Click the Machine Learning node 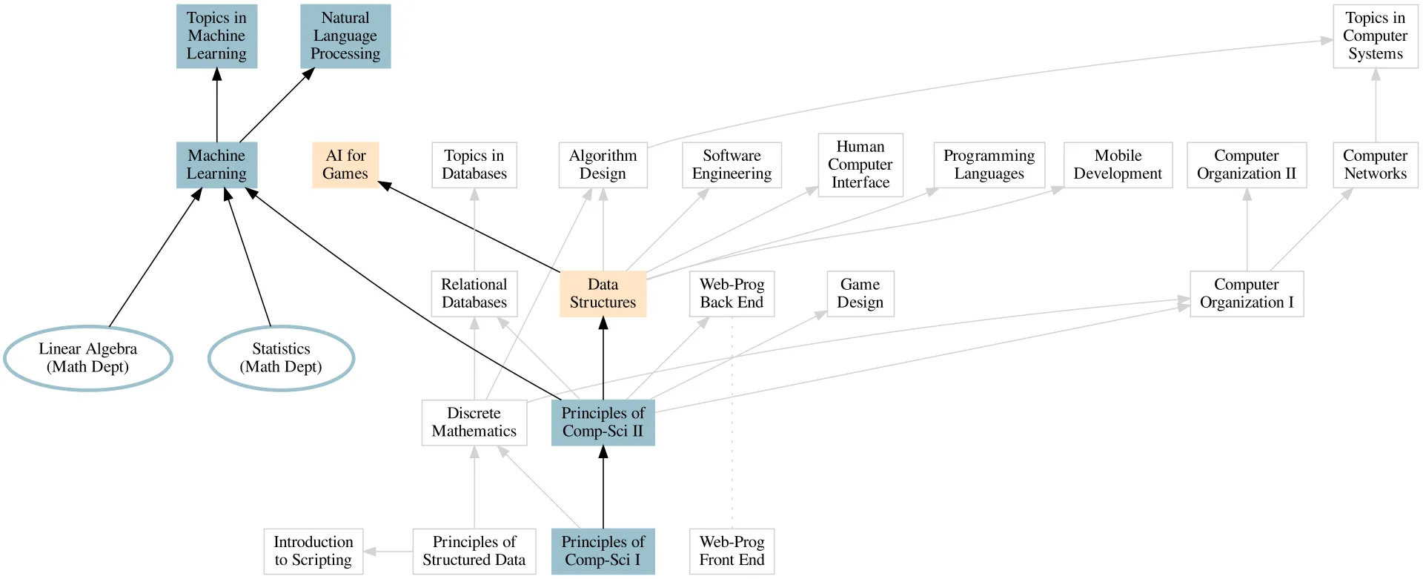point(216,165)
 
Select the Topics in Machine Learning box point(216,36)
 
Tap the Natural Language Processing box point(345,36)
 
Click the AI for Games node point(345,165)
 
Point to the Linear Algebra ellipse point(88,358)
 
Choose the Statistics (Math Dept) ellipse point(281,358)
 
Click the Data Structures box point(603,294)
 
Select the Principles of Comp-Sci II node point(603,423)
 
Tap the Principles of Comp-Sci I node point(603,551)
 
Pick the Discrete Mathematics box point(474,423)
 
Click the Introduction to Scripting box point(313,551)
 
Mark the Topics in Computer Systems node point(1375,36)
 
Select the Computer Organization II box point(1246,165)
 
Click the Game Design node point(860,294)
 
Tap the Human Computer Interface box point(860,165)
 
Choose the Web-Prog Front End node point(732,551)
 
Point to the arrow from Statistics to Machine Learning point(248,257)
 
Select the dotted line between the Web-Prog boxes point(732,423)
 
